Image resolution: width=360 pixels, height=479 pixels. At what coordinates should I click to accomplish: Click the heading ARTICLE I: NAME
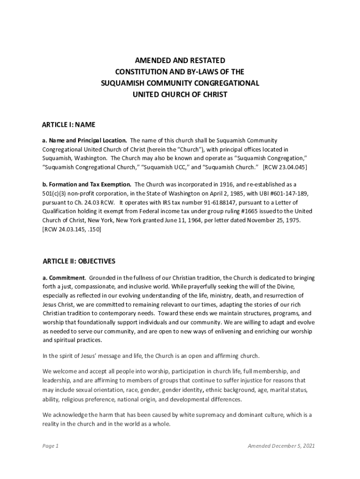tap(69, 125)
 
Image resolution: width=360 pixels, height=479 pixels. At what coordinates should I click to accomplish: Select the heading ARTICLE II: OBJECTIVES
tap(79, 261)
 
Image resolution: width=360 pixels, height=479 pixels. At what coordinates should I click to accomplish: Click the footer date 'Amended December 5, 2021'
tap(281, 446)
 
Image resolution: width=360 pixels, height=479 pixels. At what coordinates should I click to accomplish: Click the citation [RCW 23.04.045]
tap(285, 167)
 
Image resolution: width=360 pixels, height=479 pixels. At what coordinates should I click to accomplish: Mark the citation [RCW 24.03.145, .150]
tap(72, 229)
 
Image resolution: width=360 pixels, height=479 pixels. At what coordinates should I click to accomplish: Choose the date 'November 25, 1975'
tap(271, 220)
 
